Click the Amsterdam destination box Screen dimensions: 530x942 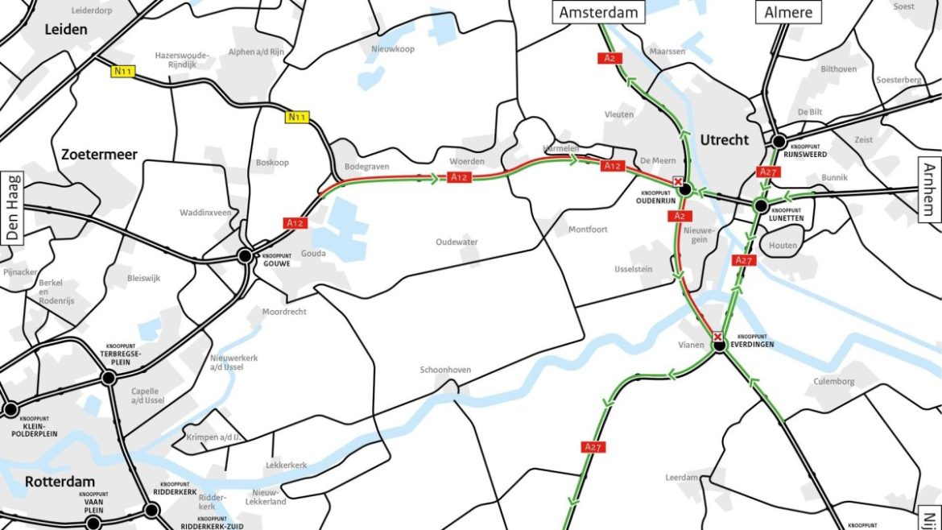[598, 12]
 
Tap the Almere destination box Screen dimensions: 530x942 [787, 12]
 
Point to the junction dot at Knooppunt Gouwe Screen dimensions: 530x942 [244, 256]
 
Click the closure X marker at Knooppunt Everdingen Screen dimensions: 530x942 [717, 337]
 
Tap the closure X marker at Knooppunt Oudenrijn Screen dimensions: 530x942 [678, 182]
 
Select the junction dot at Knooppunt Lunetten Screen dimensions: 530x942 [760, 206]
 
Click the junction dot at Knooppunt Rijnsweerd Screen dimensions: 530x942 [779, 142]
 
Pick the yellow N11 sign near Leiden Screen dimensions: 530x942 [122, 72]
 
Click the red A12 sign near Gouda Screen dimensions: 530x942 [295, 222]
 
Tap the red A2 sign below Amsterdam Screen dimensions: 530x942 [605, 58]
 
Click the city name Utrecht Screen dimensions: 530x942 [724, 140]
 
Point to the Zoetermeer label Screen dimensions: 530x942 [98, 155]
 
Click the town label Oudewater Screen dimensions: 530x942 [457, 242]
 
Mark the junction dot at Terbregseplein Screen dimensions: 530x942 [109, 377]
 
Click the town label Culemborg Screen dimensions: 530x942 [834, 382]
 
